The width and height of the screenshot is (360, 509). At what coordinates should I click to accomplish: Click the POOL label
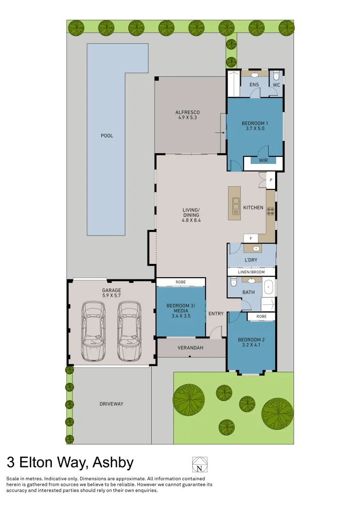click(107, 136)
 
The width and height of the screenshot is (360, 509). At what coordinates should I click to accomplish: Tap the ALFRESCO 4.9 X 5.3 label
click(188, 115)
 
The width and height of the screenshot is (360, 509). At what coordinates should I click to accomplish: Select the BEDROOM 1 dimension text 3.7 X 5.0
click(255, 128)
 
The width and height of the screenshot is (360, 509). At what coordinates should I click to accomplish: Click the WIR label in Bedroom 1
click(263, 161)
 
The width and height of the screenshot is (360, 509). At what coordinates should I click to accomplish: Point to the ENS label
click(254, 85)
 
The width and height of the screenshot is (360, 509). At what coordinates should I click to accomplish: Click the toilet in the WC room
click(277, 75)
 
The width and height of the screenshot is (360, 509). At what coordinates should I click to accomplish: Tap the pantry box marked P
click(271, 180)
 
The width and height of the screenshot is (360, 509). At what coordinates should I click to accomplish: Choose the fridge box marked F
click(250, 238)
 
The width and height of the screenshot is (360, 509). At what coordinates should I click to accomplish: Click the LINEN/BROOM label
click(252, 272)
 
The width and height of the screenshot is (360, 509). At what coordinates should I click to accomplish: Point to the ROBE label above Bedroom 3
click(180, 282)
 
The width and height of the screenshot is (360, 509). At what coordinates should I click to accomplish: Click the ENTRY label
click(216, 314)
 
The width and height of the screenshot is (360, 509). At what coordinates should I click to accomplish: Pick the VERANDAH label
click(190, 348)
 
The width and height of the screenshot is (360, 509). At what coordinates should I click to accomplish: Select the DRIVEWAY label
click(112, 404)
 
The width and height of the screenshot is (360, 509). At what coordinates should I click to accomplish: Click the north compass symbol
click(200, 464)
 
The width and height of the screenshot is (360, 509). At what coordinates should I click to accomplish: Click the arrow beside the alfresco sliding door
click(219, 133)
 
